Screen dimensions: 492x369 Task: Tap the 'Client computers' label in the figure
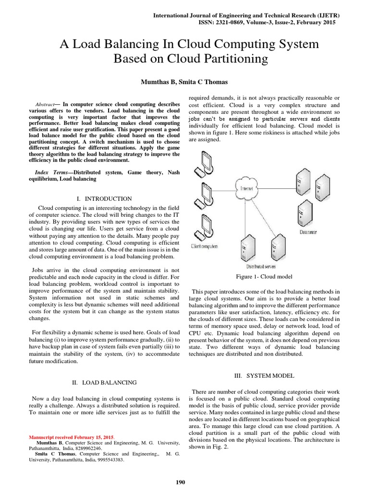coord(204,246)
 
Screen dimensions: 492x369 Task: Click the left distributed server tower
coord(247,245)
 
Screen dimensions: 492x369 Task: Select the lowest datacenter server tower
coord(305,211)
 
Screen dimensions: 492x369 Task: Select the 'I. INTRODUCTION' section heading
coord(104,198)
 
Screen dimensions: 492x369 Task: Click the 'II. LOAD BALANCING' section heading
coord(104,382)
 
